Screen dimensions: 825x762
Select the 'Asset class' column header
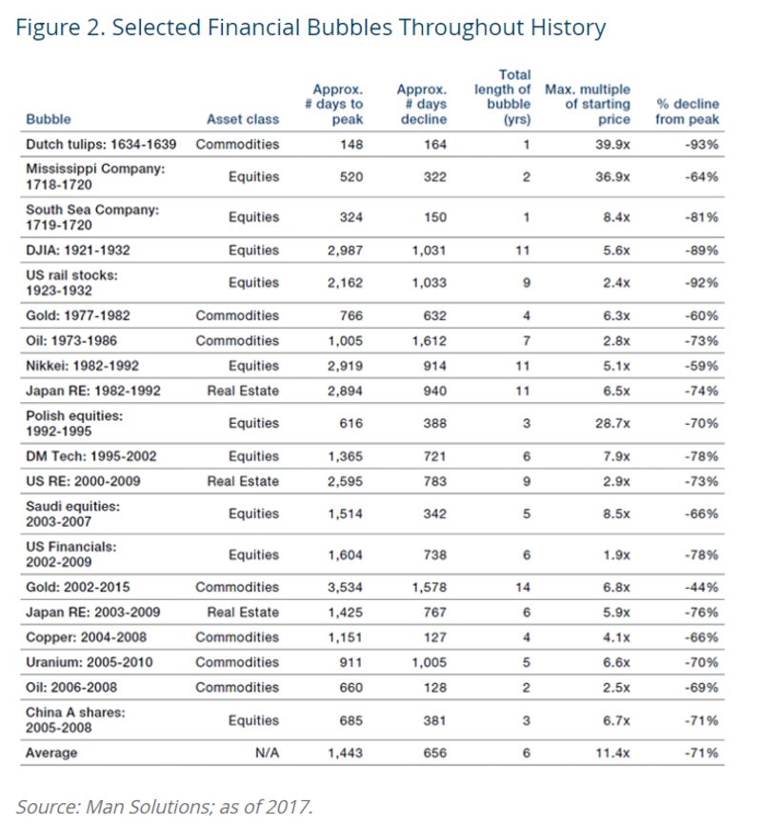coord(243,120)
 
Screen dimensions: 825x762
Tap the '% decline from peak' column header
coord(688,112)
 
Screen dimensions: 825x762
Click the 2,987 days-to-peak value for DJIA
coord(340,251)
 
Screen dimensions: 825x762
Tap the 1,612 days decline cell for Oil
coord(428,341)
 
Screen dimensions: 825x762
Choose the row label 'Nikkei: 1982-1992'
coord(88,364)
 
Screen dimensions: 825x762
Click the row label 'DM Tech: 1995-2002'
coord(91,457)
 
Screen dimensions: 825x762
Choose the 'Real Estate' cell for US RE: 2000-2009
coord(243,481)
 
